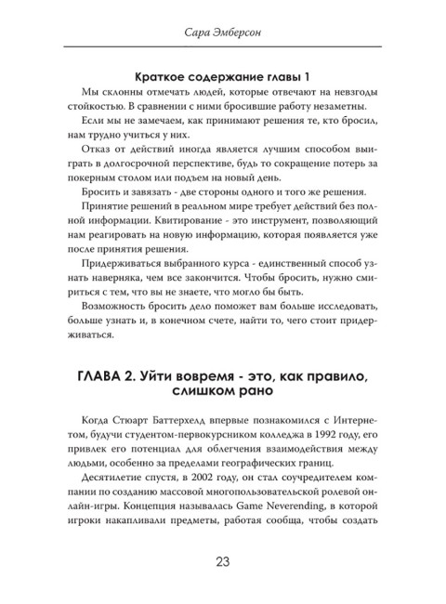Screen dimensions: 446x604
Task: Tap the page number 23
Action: [x=223, y=560]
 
